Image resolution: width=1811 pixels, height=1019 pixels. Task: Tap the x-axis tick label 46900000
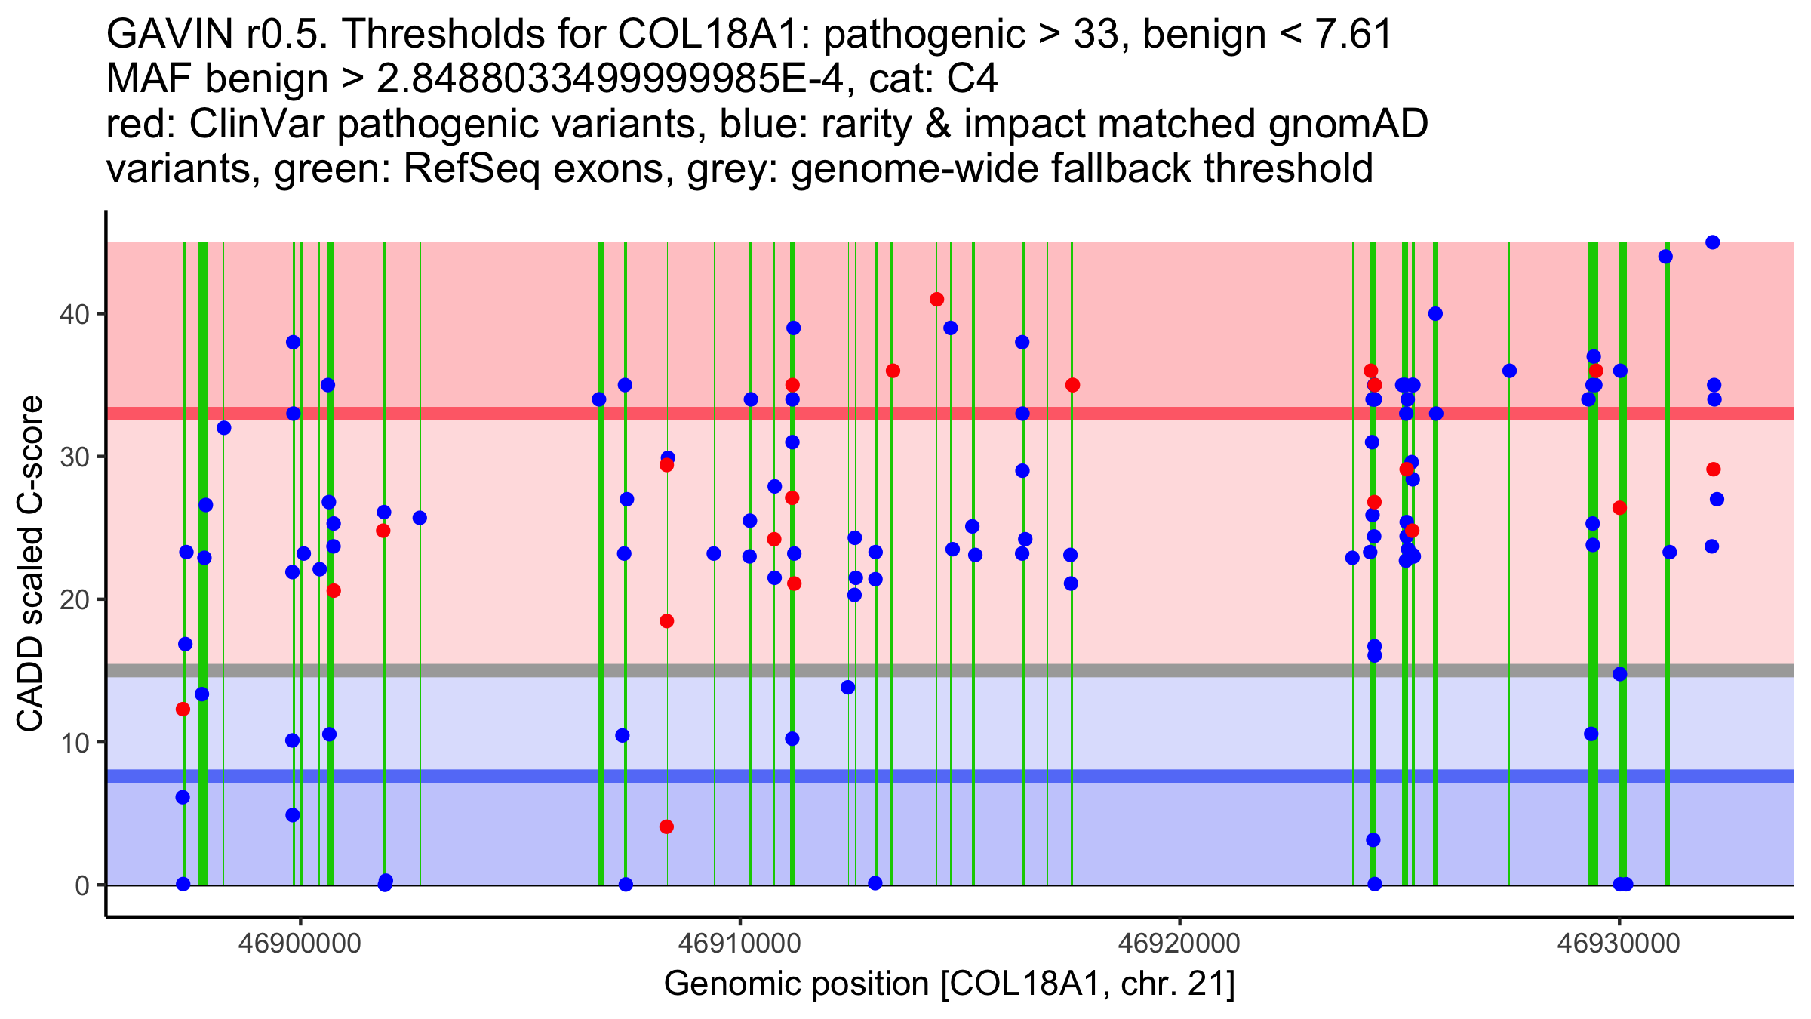(x=300, y=943)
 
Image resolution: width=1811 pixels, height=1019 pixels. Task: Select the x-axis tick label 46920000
(x=1179, y=943)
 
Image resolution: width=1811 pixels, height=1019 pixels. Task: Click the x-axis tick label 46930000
(x=1619, y=943)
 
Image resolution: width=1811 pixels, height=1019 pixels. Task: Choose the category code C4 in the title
(x=973, y=79)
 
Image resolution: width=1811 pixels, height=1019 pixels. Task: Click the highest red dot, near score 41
(x=937, y=300)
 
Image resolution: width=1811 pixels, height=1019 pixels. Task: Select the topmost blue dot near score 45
(x=1713, y=242)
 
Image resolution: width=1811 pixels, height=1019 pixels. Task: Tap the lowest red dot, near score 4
(x=666, y=827)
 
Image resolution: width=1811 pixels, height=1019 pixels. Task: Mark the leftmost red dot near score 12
(x=183, y=710)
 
